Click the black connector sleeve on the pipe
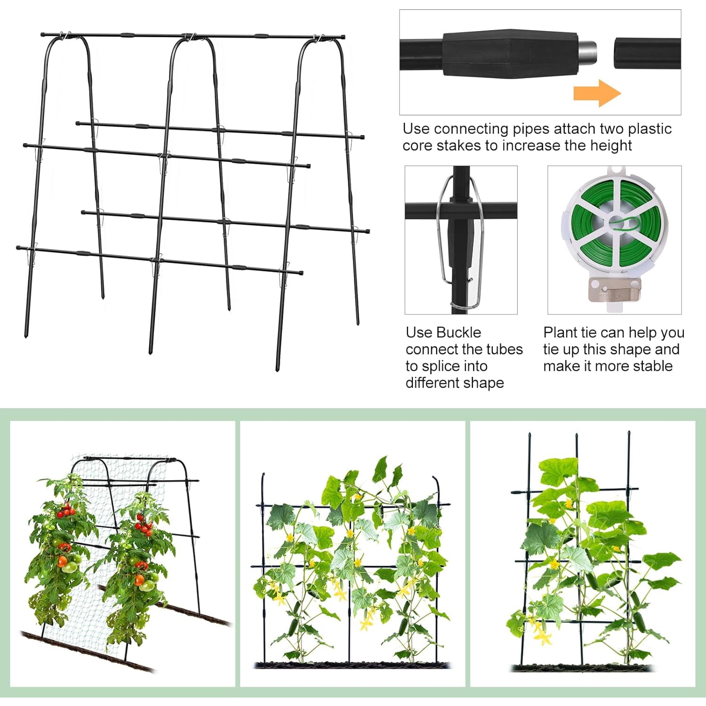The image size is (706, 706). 510,54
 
